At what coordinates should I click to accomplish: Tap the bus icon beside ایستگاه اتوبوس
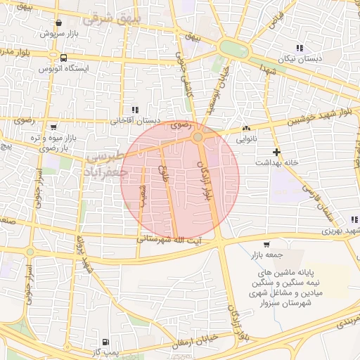(64, 58)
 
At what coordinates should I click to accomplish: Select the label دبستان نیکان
(300, 60)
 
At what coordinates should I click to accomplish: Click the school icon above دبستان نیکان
(300, 49)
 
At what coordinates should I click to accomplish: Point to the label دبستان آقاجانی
(134, 120)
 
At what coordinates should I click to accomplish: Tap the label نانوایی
(246, 139)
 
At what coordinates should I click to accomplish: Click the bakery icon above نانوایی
(246, 129)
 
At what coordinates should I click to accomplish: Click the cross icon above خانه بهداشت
(277, 152)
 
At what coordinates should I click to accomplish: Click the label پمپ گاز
(106, 349)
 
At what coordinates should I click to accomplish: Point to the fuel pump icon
(105, 339)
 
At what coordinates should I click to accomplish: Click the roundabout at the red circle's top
(199, 137)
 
